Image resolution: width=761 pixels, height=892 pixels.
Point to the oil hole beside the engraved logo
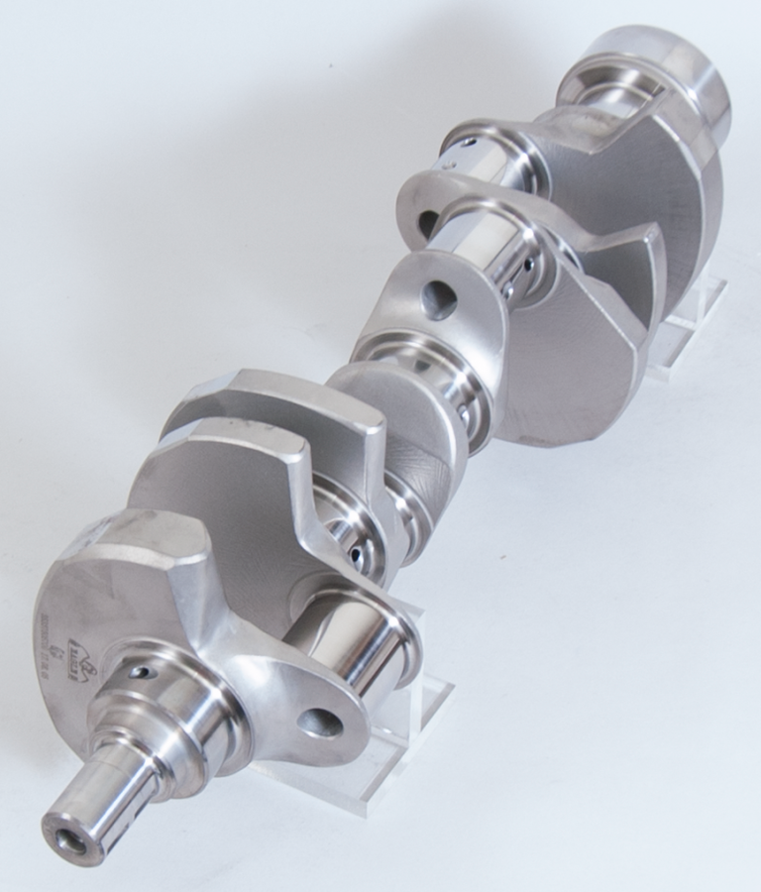coord(146,673)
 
